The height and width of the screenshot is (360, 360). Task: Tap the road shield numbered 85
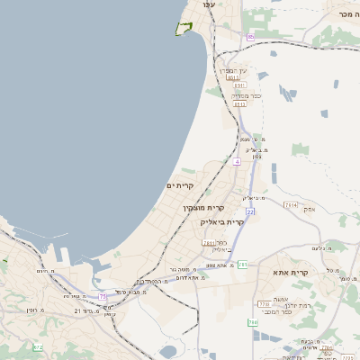(249, 37)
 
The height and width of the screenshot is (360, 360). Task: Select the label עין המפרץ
(235, 70)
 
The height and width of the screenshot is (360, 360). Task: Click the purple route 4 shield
(237, 161)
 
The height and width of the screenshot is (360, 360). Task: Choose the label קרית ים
(180, 185)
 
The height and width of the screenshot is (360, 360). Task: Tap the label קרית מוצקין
(202, 208)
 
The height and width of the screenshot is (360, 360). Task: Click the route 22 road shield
(251, 211)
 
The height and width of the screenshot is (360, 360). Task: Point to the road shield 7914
(290, 205)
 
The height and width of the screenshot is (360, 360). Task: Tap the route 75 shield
(103, 296)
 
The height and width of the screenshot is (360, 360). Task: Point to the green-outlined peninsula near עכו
(185, 29)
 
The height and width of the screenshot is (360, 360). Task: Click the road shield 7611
(209, 243)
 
